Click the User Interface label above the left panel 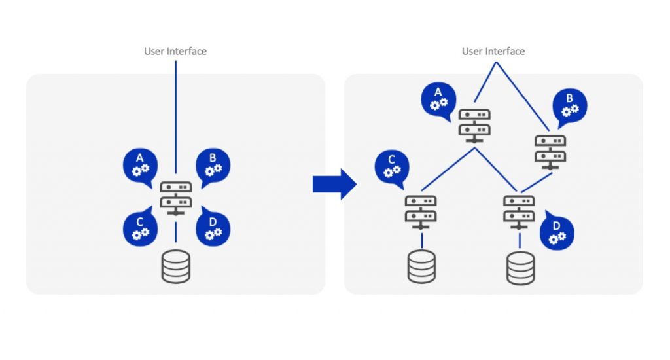(175, 51)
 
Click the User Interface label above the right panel (493, 51)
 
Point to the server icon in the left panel (176, 198)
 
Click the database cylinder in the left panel (176, 266)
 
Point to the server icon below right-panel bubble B (550, 151)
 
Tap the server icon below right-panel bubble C (421, 211)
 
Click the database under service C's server (421, 266)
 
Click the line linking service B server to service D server (537, 182)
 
